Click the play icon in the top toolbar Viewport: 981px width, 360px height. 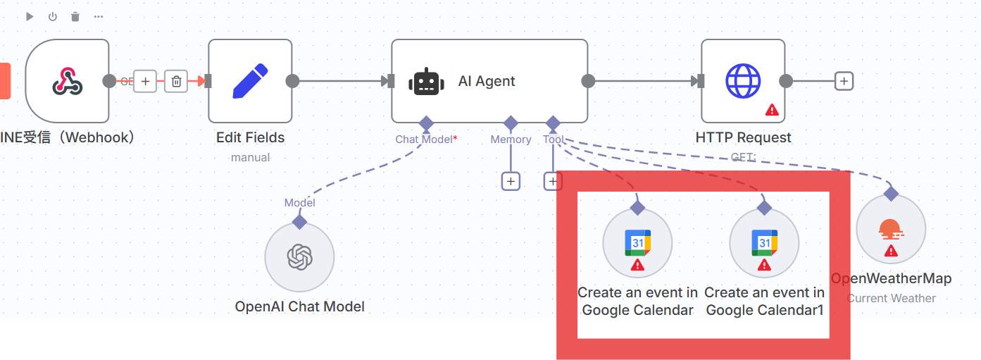coord(30,16)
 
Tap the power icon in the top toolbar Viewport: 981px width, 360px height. coord(52,16)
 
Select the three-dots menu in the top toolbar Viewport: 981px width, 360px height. coord(98,16)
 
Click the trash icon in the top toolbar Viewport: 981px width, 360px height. coord(75,16)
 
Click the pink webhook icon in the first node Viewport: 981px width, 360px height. coord(68,81)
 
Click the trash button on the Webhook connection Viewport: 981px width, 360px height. coord(176,81)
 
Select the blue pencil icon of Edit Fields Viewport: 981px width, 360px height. coord(250,81)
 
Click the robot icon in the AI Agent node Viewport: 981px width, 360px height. coord(426,82)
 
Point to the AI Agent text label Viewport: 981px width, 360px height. coord(487,81)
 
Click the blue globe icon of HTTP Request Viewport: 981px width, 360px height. coord(743,81)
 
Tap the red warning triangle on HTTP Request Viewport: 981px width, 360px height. coord(772,110)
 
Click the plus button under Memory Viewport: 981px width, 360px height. coord(511,181)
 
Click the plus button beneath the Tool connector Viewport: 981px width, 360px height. coord(553,181)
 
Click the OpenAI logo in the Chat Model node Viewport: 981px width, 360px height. coord(299,257)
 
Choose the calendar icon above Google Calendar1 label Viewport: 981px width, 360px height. coord(764,243)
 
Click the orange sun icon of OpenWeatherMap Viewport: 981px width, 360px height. coord(891,228)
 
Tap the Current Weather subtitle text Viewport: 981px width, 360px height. coord(891,298)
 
